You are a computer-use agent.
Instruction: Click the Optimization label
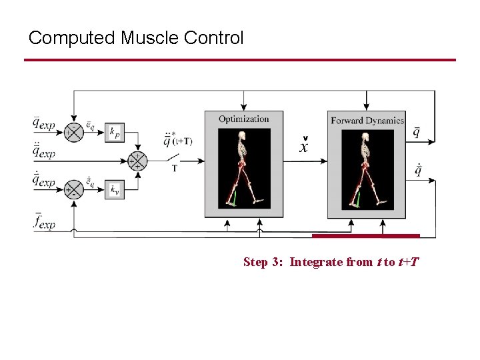point(244,119)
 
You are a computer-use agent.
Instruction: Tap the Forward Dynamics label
point(367,121)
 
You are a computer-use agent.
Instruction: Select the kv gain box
point(115,190)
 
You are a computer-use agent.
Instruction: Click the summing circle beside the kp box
point(73,132)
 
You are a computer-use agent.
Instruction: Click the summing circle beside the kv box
point(73,190)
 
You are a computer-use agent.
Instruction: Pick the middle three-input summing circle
point(137,161)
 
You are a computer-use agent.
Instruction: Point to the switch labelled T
point(175,159)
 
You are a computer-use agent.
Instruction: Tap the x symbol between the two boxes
point(304,147)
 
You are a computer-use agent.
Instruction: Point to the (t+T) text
point(181,141)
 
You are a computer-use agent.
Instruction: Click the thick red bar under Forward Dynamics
point(365,235)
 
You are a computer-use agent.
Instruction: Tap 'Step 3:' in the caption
point(264,262)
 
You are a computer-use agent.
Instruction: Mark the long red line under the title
point(240,60)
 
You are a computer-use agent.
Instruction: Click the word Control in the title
point(217,37)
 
